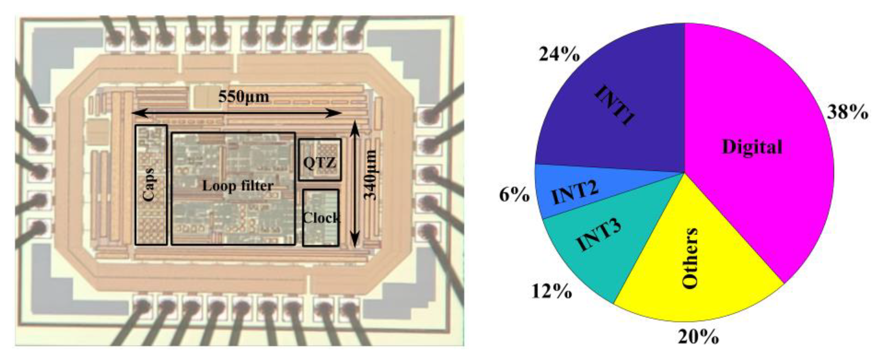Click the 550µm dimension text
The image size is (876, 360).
(x=243, y=97)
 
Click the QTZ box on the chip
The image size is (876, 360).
(x=320, y=159)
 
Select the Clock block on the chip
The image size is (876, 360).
(x=321, y=218)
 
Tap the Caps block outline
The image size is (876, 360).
(x=151, y=185)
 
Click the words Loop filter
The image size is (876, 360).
(x=238, y=186)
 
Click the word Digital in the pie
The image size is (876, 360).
(x=752, y=147)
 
